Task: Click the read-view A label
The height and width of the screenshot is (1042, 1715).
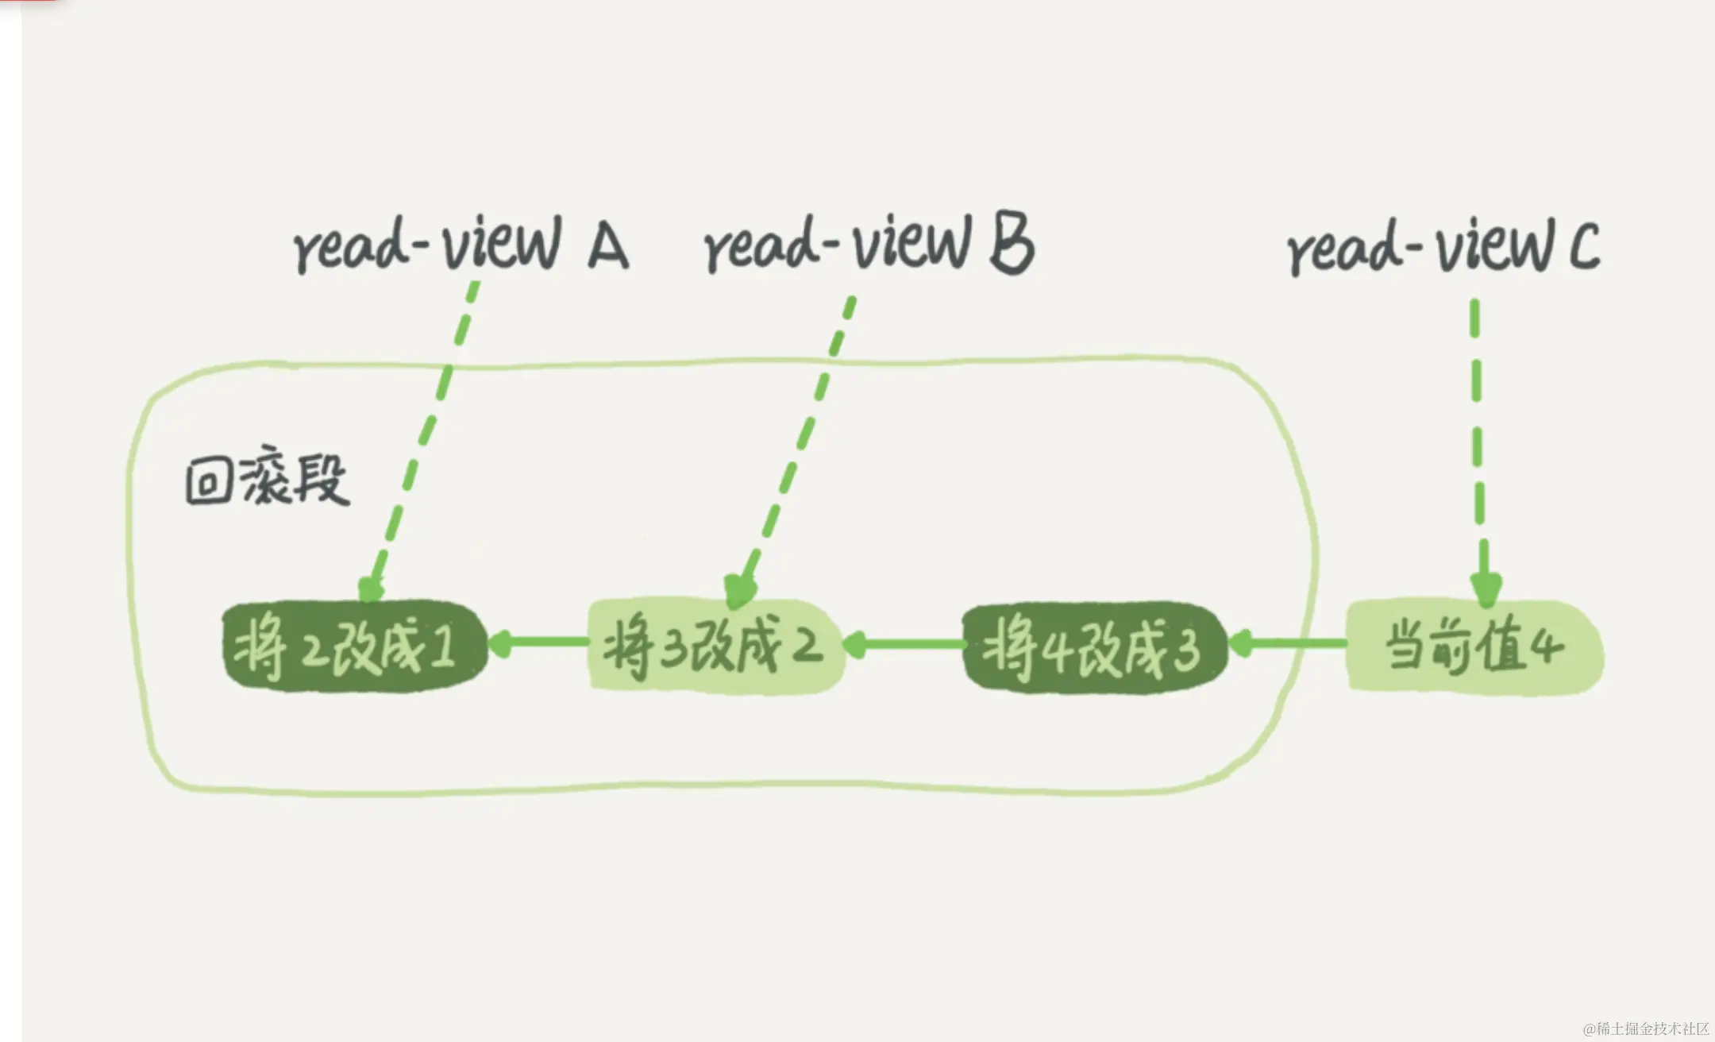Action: pos(461,245)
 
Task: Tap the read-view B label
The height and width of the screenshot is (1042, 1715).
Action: pos(869,245)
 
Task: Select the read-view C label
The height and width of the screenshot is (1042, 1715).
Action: pos(1443,248)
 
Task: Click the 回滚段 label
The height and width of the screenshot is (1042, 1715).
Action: pos(267,480)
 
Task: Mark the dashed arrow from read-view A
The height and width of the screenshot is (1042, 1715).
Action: pos(425,437)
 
